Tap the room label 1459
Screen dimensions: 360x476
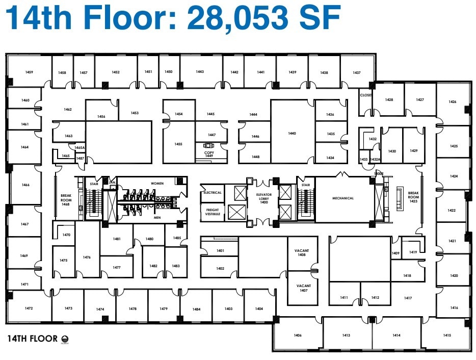click(29, 72)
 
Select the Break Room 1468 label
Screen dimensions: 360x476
click(65, 199)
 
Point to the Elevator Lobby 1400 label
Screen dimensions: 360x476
click(263, 198)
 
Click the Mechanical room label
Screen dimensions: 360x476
click(343, 198)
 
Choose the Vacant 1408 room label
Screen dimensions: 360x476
click(302, 252)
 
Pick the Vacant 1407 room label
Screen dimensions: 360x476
click(303, 288)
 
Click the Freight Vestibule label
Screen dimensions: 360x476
click(213, 212)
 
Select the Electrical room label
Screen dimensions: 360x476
click(213, 193)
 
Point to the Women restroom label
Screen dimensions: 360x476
click(157, 183)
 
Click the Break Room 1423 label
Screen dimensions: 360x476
click(413, 197)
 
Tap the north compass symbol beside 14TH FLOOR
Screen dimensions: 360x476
click(65, 339)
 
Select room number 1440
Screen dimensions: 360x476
click(292, 134)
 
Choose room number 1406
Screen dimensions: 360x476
click(298, 335)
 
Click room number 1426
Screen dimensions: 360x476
click(452, 102)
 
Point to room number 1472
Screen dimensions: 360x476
click(28, 308)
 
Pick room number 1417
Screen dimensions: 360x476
click(408, 298)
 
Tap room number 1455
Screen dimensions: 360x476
click(178, 144)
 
